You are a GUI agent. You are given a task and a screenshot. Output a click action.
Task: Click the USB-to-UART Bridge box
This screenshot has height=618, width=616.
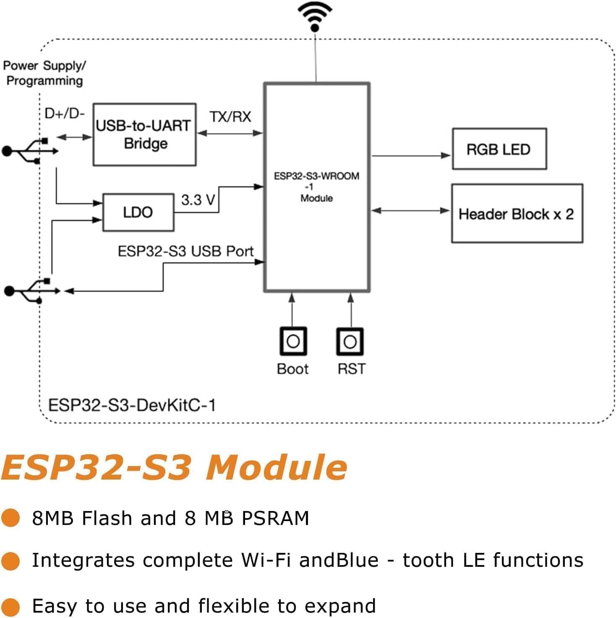tap(144, 134)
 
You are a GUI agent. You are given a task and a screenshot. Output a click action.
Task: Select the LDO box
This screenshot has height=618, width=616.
tap(138, 212)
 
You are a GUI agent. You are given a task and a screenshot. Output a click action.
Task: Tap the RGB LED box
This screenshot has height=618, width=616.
tap(499, 149)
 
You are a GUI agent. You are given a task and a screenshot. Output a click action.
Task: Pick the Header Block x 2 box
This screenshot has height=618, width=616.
tap(517, 214)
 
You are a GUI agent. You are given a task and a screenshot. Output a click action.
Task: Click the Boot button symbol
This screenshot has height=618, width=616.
tap(293, 342)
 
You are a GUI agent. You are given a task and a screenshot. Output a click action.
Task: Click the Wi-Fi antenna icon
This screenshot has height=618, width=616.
tap(315, 16)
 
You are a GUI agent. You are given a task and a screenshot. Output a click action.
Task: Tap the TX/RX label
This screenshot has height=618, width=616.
tap(230, 117)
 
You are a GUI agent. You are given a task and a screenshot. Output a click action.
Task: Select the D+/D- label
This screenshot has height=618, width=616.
tap(65, 113)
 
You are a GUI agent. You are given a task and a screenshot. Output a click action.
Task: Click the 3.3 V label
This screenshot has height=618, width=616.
tap(198, 200)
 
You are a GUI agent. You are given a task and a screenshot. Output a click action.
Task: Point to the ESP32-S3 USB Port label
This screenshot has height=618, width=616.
tap(185, 251)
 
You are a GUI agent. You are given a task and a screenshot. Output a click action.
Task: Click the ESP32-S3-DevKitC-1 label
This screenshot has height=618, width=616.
tap(132, 405)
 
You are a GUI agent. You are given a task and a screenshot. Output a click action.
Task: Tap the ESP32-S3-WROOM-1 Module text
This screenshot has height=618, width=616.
tap(316, 187)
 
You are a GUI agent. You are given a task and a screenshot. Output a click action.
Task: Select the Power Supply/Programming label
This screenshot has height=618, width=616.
tap(44, 73)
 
